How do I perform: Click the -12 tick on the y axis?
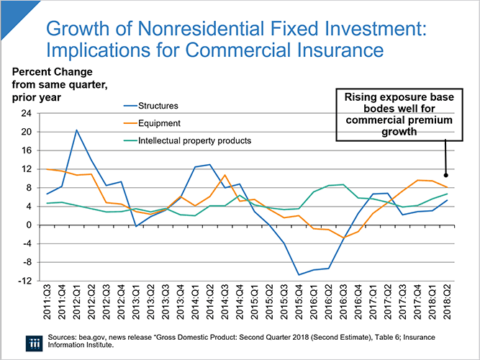[26, 281]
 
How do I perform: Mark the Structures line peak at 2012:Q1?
[77, 130]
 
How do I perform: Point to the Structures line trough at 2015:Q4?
[298, 275]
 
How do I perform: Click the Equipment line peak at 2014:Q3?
[225, 175]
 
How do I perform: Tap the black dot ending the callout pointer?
[446, 175]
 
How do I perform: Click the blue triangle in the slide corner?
[9, 9]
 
